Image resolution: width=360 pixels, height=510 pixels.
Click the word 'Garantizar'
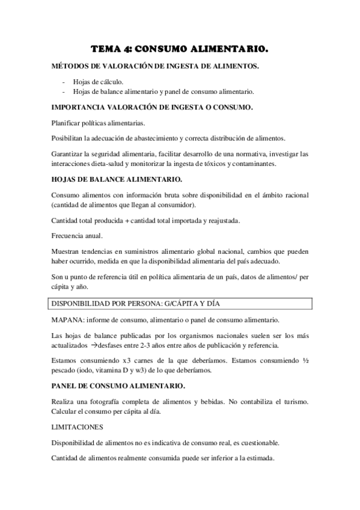coord(69,153)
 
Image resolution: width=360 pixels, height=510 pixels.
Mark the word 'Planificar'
coord(68,122)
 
